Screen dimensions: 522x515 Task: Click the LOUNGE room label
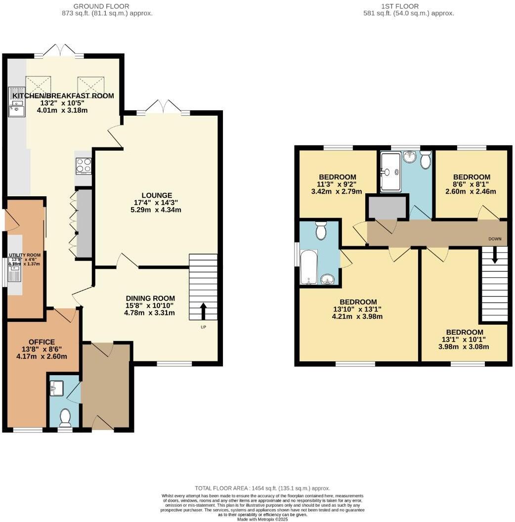click(x=157, y=195)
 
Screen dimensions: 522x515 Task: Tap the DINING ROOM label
click(x=150, y=298)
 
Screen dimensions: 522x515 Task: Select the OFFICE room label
click(x=42, y=342)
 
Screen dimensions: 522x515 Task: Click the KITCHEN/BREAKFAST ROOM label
click(x=63, y=96)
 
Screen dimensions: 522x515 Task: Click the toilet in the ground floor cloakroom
click(x=65, y=418)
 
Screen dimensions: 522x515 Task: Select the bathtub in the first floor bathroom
click(x=308, y=268)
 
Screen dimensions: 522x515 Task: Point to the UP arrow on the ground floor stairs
click(x=203, y=311)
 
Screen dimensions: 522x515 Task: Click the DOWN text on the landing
click(x=495, y=239)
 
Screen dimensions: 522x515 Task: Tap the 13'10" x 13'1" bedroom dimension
click(x=358, y=309)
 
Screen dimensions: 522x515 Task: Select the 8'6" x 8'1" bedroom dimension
click(x=472, y=184)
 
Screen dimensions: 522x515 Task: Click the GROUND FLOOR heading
click(x=101, y=6)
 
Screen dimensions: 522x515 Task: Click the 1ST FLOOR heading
click(x=400, y=6)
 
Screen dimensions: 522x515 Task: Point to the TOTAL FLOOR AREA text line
click(x=262, y=488)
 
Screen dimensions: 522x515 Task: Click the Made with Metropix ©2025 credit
click(x=262, y=519)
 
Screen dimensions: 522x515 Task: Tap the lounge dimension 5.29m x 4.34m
click(x=157, y=210)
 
